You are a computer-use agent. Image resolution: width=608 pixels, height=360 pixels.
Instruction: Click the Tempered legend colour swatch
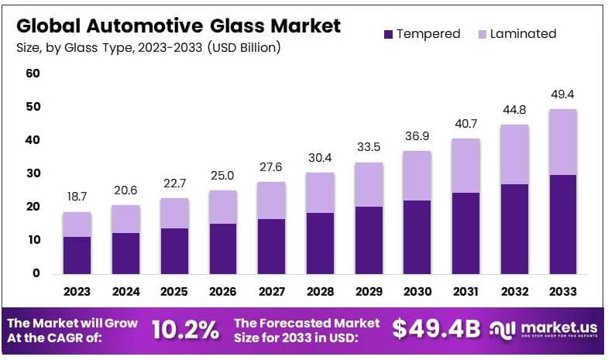pyautogui.click(x=388, y=34)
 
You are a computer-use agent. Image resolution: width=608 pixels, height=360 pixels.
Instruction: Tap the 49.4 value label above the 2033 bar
pyautogui.click(x=563, y=94)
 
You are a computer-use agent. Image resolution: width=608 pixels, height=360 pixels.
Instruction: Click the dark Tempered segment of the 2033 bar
pyautogui.click(x=563, y=224)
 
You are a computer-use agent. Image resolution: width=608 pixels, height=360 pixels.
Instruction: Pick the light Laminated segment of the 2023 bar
pyautogui.click(x=77, y=225)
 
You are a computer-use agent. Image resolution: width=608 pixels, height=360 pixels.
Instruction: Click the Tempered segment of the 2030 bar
pyautogui.click(x=417, y=236)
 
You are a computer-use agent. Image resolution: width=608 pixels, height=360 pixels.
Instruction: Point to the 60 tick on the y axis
pyautogui.click(x=33, y=74)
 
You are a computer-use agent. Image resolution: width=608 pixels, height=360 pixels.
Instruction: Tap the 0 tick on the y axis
pyautogui.click(x=36, y=273)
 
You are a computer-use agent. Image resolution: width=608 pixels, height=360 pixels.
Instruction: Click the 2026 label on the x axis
pyautogui.click(x=223, y=292)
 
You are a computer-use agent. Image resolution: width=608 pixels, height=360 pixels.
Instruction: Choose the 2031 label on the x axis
pyautogui.click(x=466, y=292)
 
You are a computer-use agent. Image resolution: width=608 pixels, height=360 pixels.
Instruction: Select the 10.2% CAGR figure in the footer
pyautogui.click(x=185, y=330)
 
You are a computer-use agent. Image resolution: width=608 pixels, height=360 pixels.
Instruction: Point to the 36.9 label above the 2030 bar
pyautogui.click(x=417, y=136)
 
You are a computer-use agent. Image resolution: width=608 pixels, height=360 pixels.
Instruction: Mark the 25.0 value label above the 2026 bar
pyautogui.click(x=223, y=177)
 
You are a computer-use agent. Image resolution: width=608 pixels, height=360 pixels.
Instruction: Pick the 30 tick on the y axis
pyautogui.click(x=33, y=173)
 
